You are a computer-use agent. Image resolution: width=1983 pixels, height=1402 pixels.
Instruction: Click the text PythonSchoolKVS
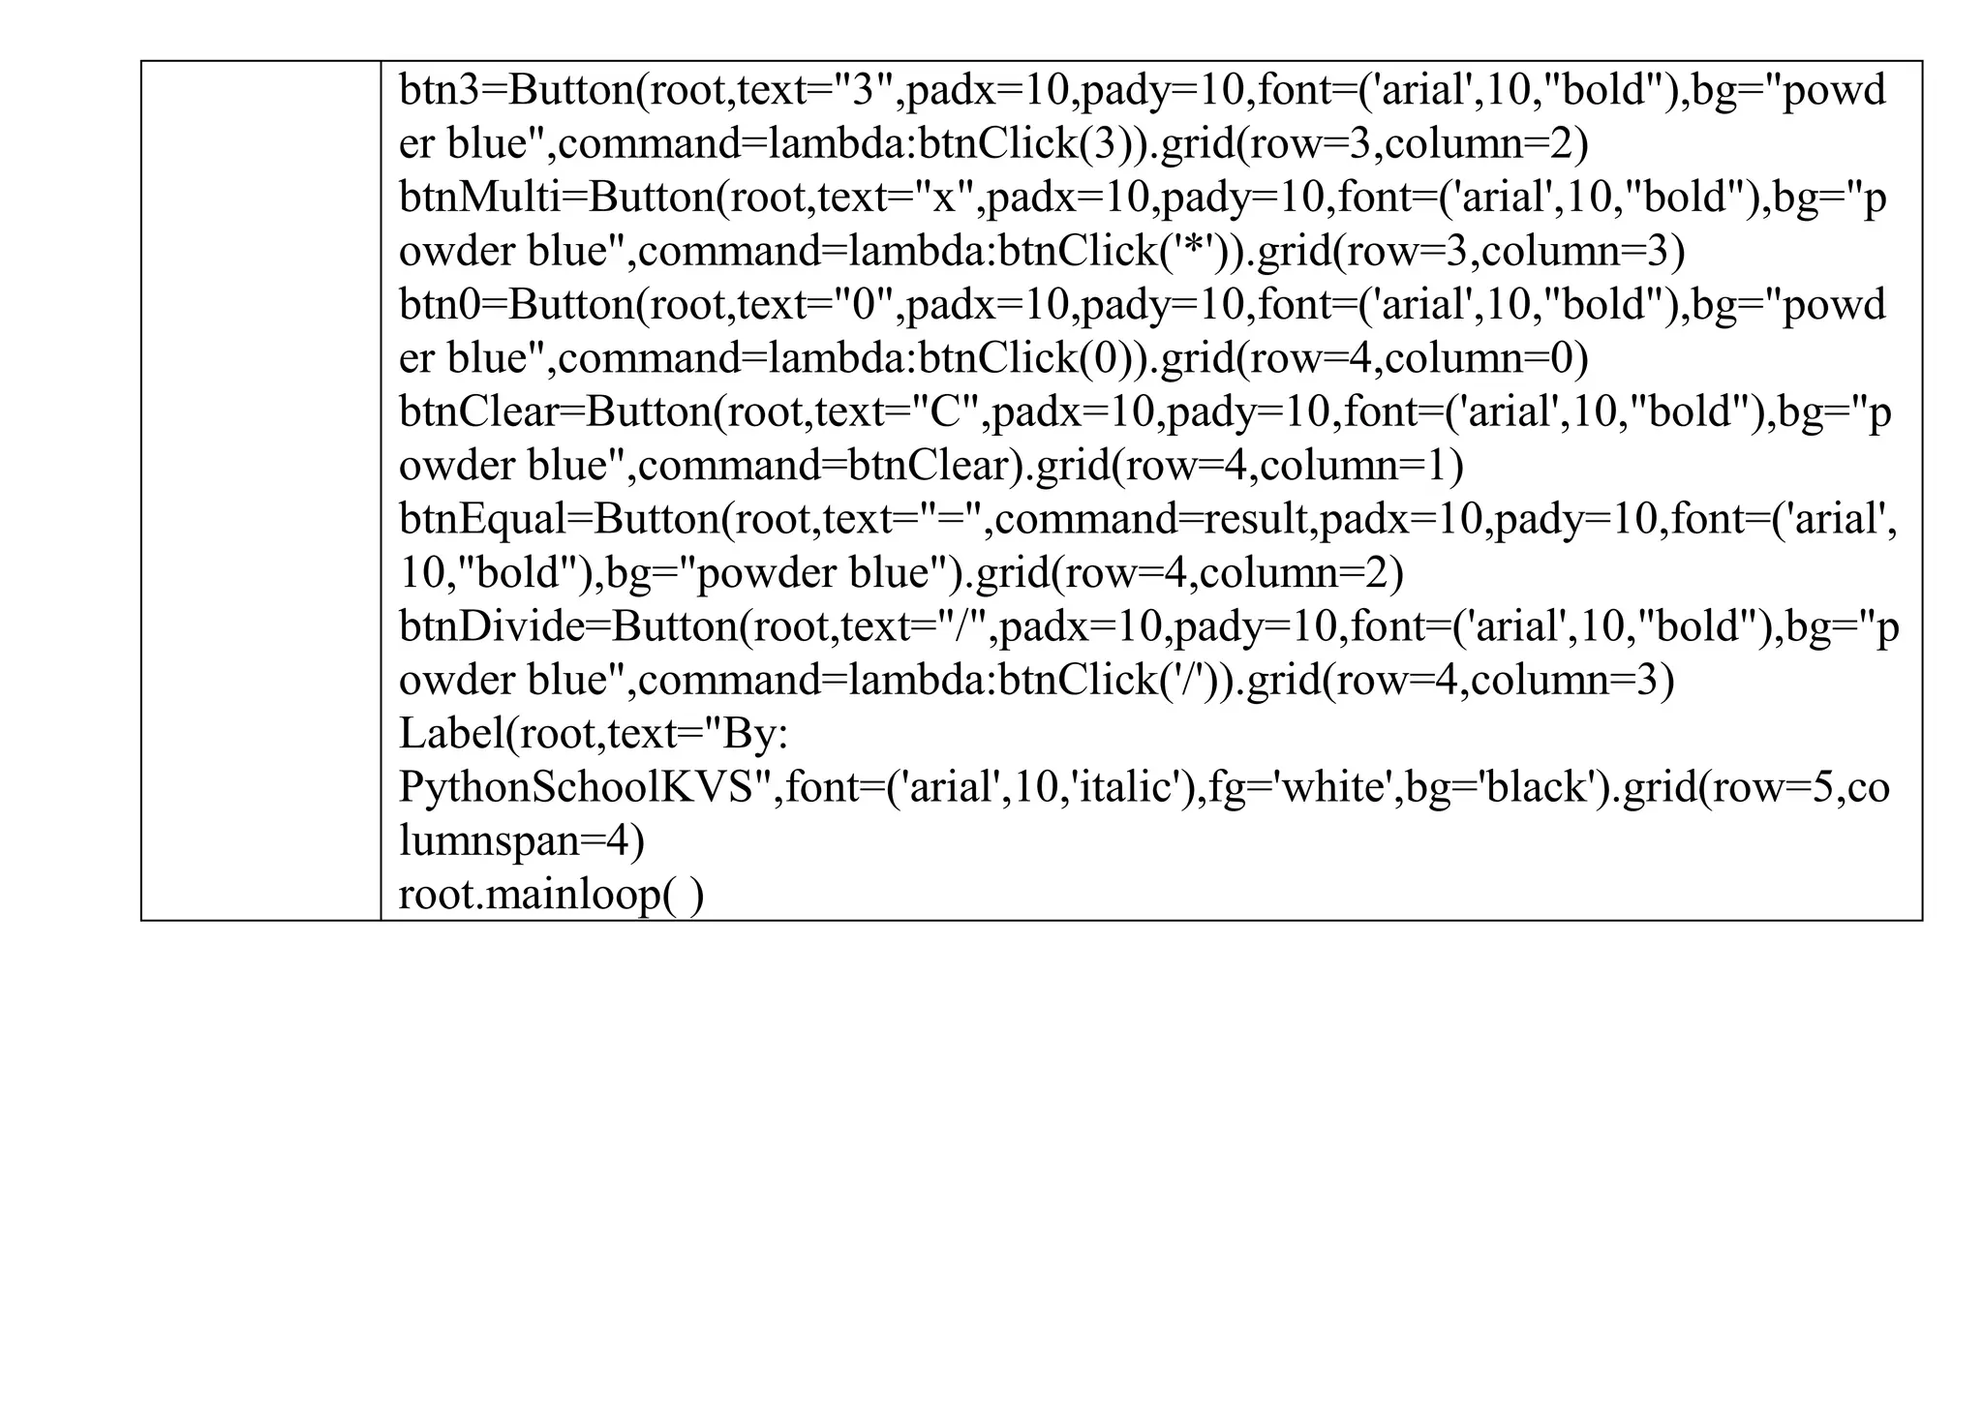576,788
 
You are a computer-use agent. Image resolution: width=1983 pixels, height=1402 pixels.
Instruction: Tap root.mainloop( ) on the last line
551,895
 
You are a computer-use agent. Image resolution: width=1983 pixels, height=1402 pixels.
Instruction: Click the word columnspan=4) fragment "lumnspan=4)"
521,840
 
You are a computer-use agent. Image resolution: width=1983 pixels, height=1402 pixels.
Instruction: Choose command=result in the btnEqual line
1151,520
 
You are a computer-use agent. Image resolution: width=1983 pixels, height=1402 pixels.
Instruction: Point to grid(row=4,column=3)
1461,681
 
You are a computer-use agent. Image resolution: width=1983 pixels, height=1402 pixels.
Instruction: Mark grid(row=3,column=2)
1375,144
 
